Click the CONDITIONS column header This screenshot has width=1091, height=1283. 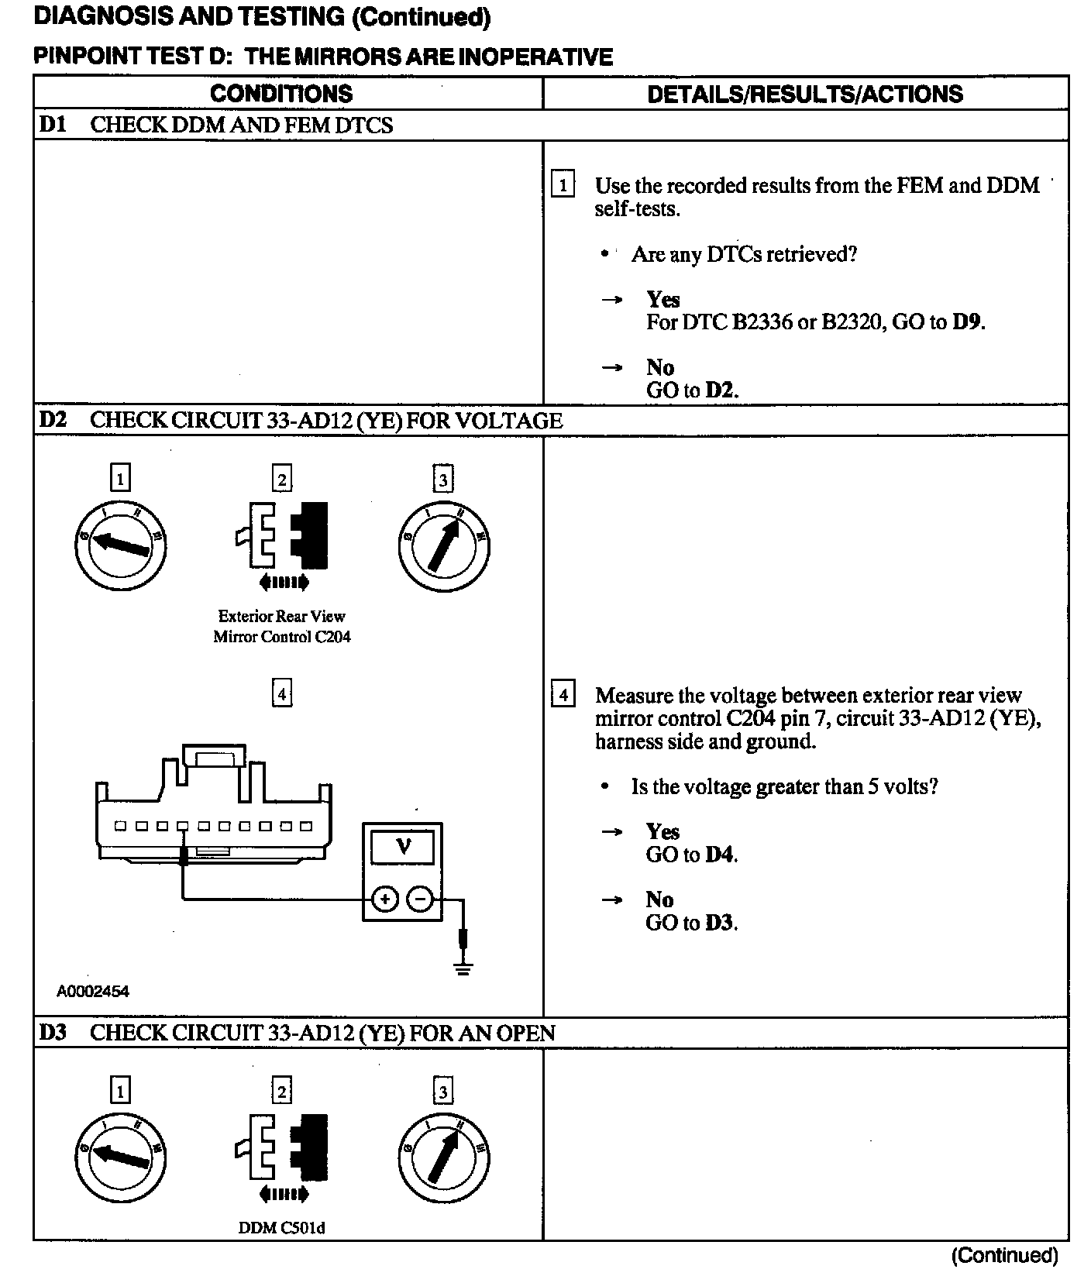tap(281, 94)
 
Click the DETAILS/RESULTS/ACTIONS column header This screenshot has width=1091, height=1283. tap(805, 94)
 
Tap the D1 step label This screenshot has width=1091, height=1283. tap(53, 125)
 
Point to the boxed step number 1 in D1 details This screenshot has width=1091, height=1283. tap(563, 186)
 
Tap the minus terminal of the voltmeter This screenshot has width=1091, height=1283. tap(420, 899)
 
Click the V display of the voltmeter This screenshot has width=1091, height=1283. tap(403, 847)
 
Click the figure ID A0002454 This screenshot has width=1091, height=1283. tap(93, 991)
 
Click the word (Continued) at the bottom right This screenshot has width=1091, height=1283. tap(1004, 1255)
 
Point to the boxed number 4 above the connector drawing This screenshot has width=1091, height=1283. tap(282, 693)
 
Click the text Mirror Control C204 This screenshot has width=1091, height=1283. tap(282, 637)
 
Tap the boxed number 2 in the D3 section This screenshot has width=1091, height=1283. tap(282, 1091)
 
